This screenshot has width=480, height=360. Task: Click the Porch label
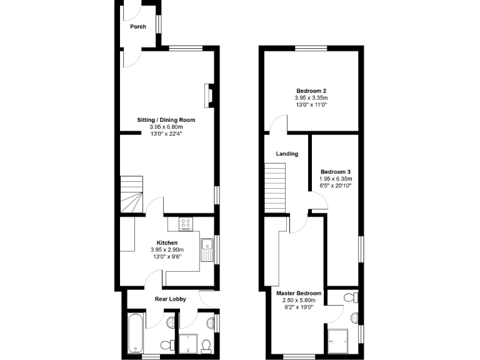click(x=137, y=27)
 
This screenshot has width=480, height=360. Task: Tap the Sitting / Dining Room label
click(x=166, y=119)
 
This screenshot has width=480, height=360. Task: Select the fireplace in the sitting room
click(x=209, y=94)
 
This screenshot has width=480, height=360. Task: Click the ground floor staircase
click(x=132, y=194)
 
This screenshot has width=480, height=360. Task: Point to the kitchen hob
click(x=186, y=223)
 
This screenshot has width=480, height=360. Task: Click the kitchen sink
click(x=207, y=248)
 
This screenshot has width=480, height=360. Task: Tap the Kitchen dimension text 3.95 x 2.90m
click(x=167, y=250)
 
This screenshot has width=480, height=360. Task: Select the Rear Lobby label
click(x=170, y=299)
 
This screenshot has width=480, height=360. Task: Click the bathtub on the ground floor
click(x=136, y=334)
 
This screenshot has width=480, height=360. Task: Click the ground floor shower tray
click(x=189, y=344)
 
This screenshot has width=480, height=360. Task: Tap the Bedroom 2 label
click(x=311, y=91)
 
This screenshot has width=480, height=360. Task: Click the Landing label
click(x=287, y=154)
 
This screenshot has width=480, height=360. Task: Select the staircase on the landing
click(x=275, y=187)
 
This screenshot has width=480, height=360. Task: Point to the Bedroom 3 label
click(x=336, y=172)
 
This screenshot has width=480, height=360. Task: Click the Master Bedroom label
click(x=299, y=293)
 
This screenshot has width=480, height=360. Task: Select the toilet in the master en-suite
click(x=353, y=296)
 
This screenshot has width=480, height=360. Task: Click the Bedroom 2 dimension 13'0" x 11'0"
click(x=311, y=105)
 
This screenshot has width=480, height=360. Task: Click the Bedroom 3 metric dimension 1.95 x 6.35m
click(x=336, y=179)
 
